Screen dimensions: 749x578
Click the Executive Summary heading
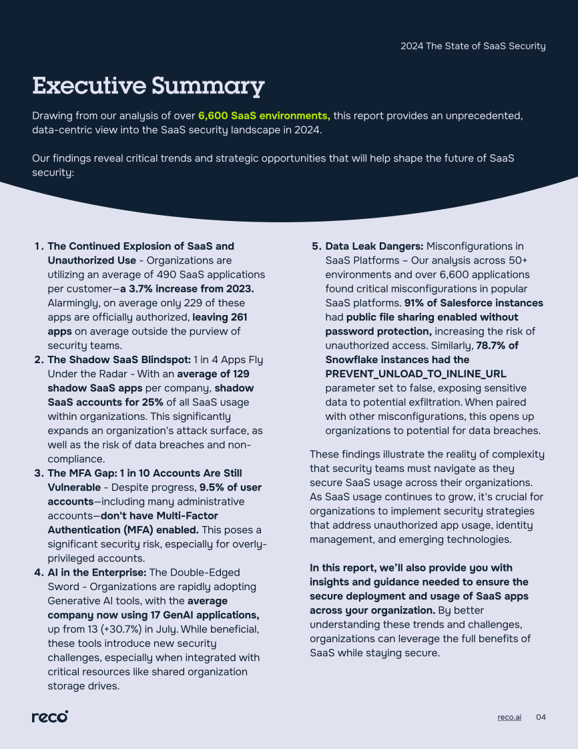148,86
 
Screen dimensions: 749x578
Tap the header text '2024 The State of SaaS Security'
473,46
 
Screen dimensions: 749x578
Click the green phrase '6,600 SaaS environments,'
264,115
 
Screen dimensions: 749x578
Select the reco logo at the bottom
50,716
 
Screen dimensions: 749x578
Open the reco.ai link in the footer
509,717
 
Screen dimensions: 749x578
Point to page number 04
541,717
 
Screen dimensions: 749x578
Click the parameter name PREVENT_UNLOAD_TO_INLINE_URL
416,373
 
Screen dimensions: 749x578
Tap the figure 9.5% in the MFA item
214,487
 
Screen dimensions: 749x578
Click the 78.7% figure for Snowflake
497,345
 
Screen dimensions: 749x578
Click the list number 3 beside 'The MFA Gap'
38,473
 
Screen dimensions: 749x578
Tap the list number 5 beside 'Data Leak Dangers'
316,246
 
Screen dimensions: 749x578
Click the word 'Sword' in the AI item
62,587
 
